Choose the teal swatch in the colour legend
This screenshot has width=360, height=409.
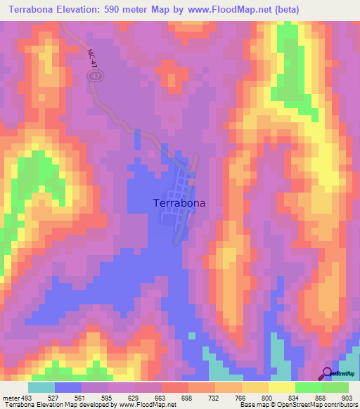(x=41, y=387)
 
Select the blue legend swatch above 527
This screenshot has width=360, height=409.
(x=68, y=387)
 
